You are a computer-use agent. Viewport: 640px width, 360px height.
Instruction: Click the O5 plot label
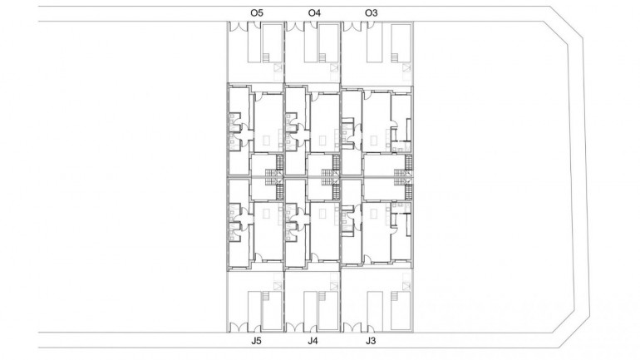pyautogui.click(x=257, y=12)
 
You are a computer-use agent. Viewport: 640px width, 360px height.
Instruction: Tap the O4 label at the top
pyautogui.click(x=314, y=12)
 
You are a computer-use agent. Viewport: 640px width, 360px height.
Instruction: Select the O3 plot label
pyautogui.click(x=372, y=12)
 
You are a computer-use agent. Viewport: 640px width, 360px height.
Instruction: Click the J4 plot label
pyautogui.click(x=313, y=341)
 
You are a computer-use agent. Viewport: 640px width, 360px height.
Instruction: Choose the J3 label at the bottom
pyautogui.click(x=370, y=341)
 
